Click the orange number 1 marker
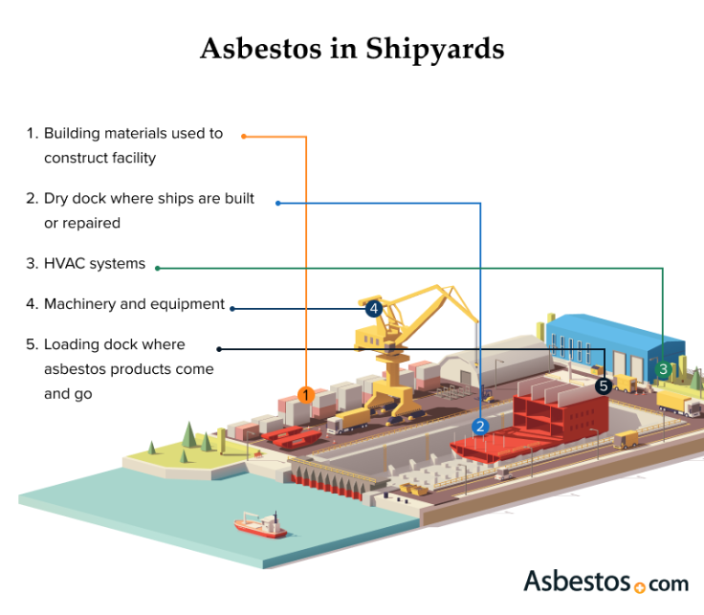click(305, 394)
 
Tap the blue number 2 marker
click(481, 427)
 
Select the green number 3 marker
click(663, 369)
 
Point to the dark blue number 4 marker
click(374, 309)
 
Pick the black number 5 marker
click(603, 385)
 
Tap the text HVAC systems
click(95, 263)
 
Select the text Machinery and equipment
click(134, 304)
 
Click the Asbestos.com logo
click(605, 581)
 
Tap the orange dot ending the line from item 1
click(243, 136)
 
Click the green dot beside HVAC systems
click(157, 267)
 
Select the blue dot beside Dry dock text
click(278, 202)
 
